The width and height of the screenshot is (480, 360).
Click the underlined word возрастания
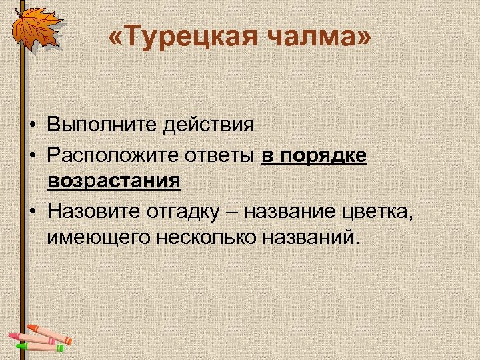(x=114, y=181)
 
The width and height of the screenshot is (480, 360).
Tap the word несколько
(x=199, y=237)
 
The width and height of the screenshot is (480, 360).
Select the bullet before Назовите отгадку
(x=31, y=212)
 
